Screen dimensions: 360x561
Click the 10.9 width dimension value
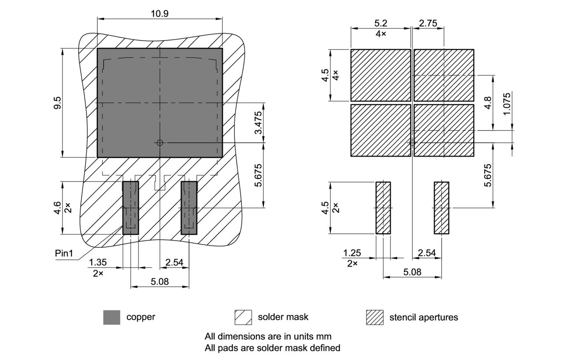point(160,14)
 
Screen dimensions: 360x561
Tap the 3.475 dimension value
point(259,123)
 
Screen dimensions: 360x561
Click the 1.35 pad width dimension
point(98,262)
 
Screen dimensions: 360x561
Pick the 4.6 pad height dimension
point(58,208)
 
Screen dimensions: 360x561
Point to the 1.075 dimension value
point(507,104)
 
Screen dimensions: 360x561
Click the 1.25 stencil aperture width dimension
point(352,253)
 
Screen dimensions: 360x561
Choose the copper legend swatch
point(112,317)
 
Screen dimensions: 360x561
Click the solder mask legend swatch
point(243,317)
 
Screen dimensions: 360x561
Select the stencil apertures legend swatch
point(374,317)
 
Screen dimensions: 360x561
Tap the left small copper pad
point(131,208)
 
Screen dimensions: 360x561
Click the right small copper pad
point(189,208)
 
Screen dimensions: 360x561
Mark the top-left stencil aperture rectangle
point(380,75)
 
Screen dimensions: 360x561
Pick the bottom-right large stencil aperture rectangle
point(444,130)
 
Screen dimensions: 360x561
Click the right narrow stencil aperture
point(441,208)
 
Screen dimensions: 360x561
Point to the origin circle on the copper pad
point(160,143)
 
